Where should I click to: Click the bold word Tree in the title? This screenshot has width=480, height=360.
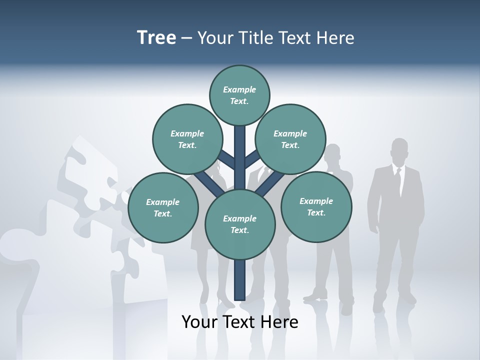tap(156, 37)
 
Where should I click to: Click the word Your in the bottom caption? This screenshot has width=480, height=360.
tap(199, 322)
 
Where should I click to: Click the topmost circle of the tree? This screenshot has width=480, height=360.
tap(239, 95)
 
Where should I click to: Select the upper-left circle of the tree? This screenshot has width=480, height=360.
tap(187, 139)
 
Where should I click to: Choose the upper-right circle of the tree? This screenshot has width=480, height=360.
tap(290, 139)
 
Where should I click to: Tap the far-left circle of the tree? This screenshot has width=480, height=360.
tap(162, 207)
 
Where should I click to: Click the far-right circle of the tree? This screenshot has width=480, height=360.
tap(316, 206)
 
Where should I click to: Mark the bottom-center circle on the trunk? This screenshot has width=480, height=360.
tap(239, 224)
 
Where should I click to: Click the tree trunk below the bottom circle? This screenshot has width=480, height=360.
tap(239, 280)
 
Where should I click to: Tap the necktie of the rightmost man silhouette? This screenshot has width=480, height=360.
tap(398, 182)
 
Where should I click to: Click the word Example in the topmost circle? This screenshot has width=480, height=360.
tap(239, 89)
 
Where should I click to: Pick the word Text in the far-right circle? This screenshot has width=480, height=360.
tap(316, 212)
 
